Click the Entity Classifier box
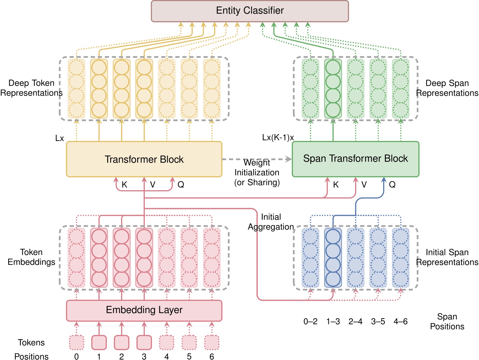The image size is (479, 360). point(250,11)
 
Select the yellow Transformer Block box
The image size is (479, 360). point(144,159)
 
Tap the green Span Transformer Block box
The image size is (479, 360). point(355,159)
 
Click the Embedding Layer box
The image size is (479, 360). point(144,310)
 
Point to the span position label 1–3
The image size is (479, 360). point(333,322)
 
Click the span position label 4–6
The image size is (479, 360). point(400,322)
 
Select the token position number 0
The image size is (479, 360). point(76,357)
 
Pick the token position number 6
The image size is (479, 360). point(212,357)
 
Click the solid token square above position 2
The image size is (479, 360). point(121,342)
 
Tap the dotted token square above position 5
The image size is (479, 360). point(189,342)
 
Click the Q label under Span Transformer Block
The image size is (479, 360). point(392,185)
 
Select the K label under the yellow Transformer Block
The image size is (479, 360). point(124,185)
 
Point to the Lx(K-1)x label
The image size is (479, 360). point(278,138)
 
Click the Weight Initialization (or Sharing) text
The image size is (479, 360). point(257,172)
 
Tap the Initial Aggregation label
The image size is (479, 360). point(271,222)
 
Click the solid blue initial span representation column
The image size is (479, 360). point(333,258)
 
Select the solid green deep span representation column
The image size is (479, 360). point(333,89)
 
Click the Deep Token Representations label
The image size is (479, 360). point(31,88)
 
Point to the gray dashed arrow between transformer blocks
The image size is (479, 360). point(257,159)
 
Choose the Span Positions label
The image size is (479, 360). point(447,321)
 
